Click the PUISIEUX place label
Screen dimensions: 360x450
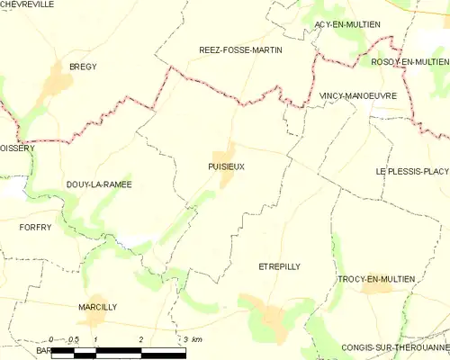(226, 166)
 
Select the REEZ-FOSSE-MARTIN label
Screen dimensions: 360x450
(240, 50)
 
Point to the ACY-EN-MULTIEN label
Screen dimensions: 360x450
(346, 23)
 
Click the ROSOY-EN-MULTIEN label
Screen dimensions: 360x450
(409, 61)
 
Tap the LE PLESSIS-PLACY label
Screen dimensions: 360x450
(412, 170)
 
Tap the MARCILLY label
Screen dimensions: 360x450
(98, 307)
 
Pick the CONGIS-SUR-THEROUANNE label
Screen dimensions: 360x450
(396, 347)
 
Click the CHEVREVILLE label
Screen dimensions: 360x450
(28, 4)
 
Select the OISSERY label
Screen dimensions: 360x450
(17, 149)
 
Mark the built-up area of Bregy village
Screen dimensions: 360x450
(59, 83)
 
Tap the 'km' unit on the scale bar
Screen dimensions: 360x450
(197, 338)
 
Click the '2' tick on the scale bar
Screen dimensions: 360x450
(141, 338)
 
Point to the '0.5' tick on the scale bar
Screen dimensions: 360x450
(74, 338)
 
